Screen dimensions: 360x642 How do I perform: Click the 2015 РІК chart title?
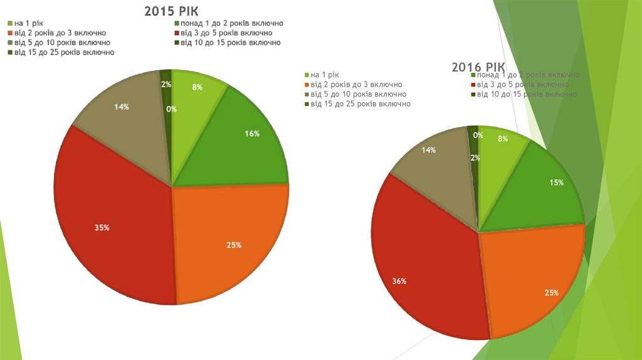click(x=171, y=11)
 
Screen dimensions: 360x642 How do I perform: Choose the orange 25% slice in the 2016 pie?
click(x=539, y=282)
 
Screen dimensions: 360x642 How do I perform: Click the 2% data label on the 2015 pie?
click(x=166, y=84)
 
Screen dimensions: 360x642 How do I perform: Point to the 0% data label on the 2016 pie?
click(x=478, y=135)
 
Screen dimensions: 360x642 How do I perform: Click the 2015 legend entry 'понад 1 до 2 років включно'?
click(x=232, y=23)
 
